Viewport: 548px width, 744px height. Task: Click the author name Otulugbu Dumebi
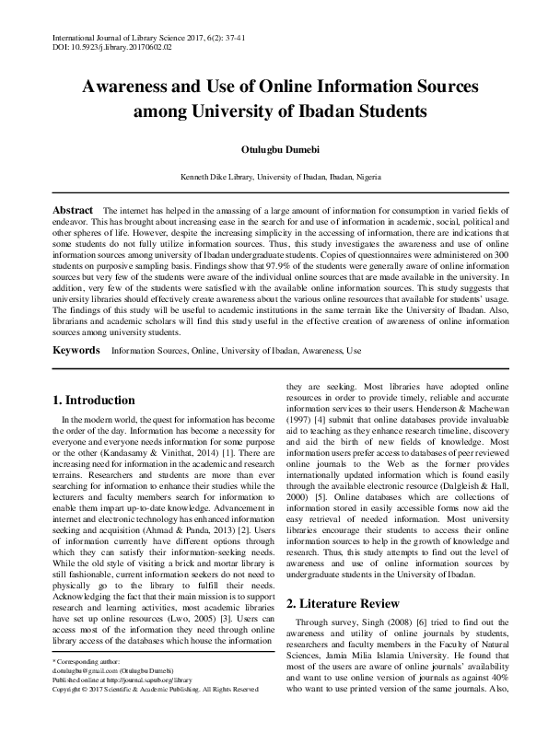[x=274, y=149]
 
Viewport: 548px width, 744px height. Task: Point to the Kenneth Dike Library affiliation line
[x=274, y=176]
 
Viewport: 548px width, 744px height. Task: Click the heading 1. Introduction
[x=93, y=401]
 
